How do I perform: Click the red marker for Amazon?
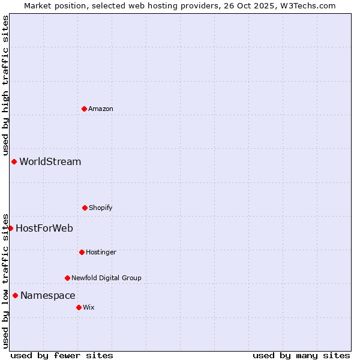(84, 109)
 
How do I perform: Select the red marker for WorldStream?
(14, 161)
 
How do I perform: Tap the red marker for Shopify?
(85, 208)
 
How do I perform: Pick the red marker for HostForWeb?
(10, 228)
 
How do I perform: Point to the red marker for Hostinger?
(82, 252)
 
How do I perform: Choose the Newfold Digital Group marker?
(67, 278)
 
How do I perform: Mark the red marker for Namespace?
(15, 295)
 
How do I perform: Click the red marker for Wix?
(79, 307)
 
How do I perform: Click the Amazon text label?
(101, 109)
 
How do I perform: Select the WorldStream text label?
(50, 161)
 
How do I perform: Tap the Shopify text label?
(101, 208)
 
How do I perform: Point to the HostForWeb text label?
(44, 228)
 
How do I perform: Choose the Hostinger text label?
(101, 252)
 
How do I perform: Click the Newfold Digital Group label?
(107, 278)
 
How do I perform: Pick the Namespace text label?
(48, 295)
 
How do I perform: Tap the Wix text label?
(89, 307)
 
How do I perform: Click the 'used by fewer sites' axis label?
(62, 355)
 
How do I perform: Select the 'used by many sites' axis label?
(301, 355)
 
